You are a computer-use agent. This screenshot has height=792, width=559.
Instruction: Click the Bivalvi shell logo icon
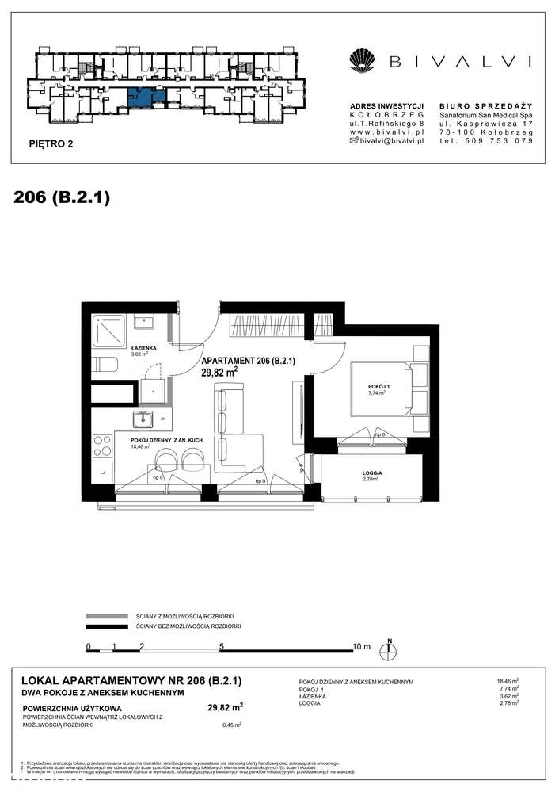(x=363, y=61)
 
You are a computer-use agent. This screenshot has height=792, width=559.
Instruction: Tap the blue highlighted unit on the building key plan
(x=147, y=97)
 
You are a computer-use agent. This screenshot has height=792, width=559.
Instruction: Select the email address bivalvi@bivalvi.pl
(x=393, y=140)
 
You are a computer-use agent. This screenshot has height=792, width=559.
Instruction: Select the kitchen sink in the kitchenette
(x=143, y=419)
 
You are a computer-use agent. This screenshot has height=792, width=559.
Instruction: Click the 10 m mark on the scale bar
(x=361, y=647)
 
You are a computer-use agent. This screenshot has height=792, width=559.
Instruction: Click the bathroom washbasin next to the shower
(x=145, y=322)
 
